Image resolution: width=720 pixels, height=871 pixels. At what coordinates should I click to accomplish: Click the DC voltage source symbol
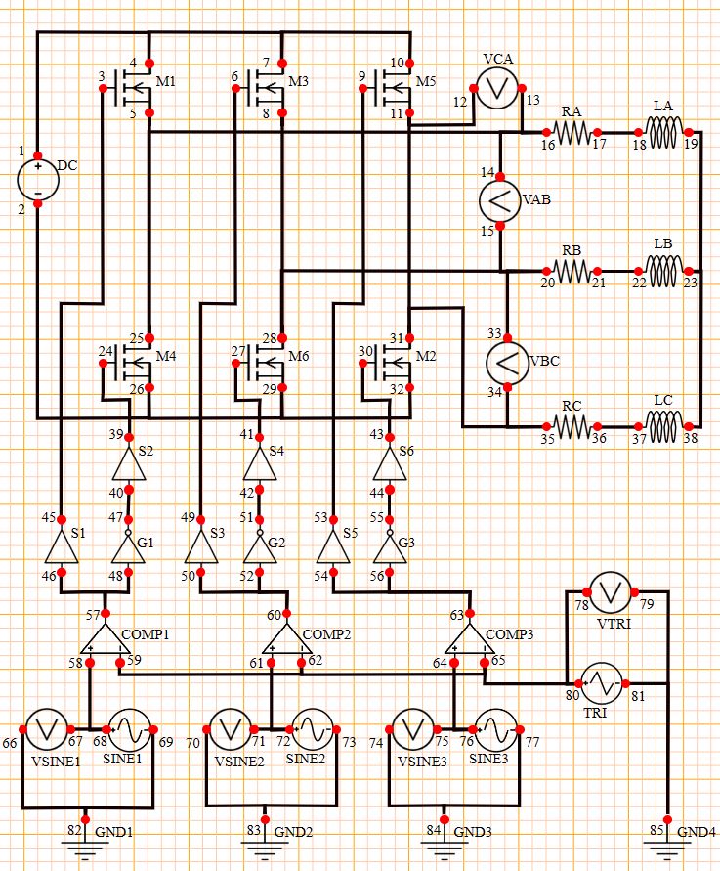pyautogui.click(x=37, y=181)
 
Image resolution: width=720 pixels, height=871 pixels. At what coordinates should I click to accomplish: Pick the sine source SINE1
pyautogui.click(x=129, y=729)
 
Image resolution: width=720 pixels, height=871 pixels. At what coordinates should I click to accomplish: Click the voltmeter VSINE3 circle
pyautogui.click(x=411, y=729)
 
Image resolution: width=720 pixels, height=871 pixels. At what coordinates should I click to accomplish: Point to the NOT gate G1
pyautogui.click(x=134, y=549)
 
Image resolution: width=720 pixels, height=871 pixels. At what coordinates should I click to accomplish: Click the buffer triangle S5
pyautogui.click(x=332, y=549)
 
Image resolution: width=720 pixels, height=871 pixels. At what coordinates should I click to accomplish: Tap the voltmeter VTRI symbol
pyautogui.click(x=611, y=591)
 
